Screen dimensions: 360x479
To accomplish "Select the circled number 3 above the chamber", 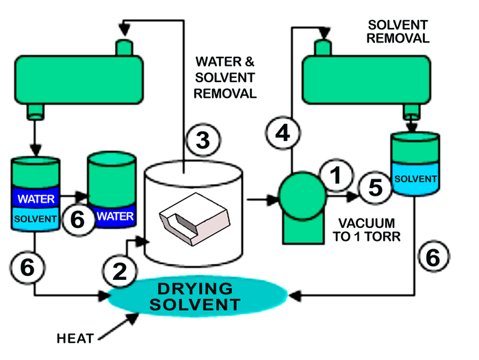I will (x=202, y=141).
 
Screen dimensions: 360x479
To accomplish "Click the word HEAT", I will (x=73, y=337).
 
